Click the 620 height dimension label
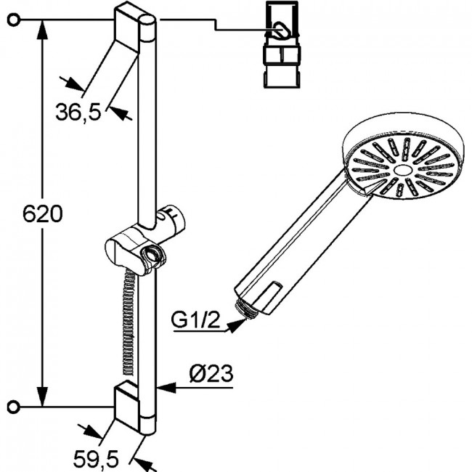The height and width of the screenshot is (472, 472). click(43, 214)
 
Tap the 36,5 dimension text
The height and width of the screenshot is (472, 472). click(78, 112)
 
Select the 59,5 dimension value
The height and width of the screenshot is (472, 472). click(96, 459)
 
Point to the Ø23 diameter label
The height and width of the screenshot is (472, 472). click(211, 374)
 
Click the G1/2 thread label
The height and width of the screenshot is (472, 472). click(195, 320)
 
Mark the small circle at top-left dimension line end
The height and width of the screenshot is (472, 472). click(13, 20)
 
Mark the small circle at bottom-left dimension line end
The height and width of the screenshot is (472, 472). click(13, 407)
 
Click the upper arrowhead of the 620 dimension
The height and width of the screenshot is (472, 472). click(42, 30)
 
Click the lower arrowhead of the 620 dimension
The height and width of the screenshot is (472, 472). click(42, 397)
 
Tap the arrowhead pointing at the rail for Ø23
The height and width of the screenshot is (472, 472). click(166, 388)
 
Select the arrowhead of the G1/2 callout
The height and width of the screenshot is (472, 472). click(236, 325)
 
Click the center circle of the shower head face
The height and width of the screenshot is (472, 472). click(402, 170)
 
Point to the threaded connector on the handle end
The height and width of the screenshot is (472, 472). click(246, 309)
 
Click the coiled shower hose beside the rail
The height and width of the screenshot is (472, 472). click(129, 322)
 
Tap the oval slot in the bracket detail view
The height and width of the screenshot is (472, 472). click(280, 30)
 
